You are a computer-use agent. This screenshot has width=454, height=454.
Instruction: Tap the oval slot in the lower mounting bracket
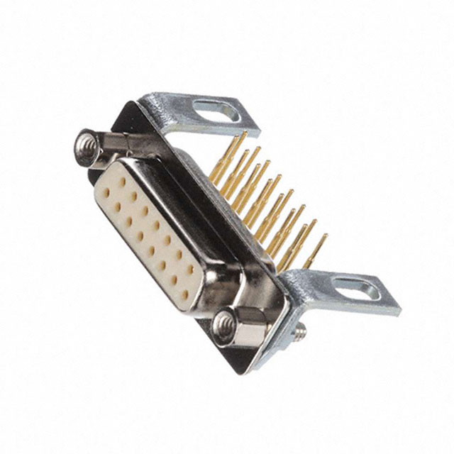pos(356,289)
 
